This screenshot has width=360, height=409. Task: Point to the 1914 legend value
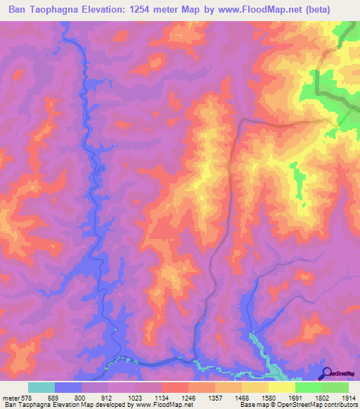pos(349,397)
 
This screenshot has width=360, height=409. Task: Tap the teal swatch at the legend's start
pos(41,387)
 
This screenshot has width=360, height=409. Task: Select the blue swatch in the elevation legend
pos(67,387)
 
